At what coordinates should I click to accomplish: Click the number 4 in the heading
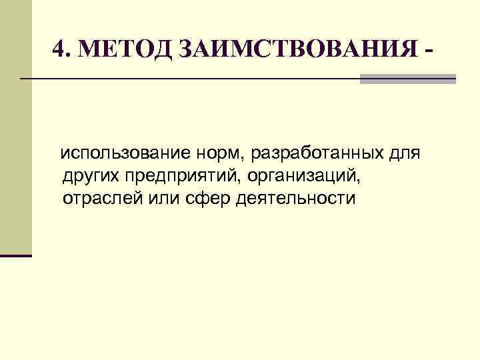[x=59, y=49]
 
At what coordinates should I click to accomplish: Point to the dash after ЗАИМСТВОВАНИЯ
[x=436, y=51]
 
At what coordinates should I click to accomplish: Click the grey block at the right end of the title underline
[x=408, y=79]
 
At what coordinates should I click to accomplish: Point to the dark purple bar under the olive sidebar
[x=16, y=255]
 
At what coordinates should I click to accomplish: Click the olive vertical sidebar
[x=16, y=127]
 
